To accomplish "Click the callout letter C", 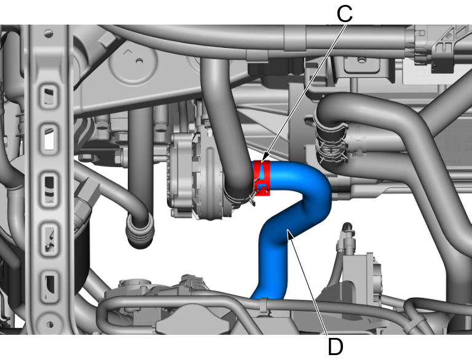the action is (344, 14).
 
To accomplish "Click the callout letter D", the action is (335, 346).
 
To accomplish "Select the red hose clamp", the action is (262, 178).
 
